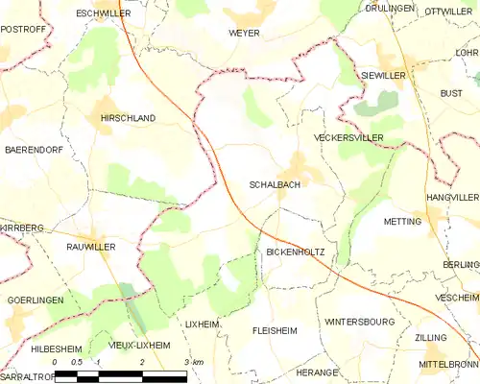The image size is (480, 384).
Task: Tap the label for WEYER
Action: (244, 33)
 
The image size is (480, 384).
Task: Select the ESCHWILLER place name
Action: (103, 13)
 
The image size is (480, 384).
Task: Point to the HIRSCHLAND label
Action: (128, 118)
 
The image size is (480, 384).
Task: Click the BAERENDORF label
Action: (34, 151)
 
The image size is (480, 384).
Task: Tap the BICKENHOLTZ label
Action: (295, 252)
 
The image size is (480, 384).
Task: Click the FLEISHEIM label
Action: (275, 329)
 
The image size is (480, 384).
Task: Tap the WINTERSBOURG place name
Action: (359, 322)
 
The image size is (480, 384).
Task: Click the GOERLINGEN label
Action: (35, 300)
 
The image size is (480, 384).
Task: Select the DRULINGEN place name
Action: (390, 8)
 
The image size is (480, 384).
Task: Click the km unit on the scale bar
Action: (198, 362)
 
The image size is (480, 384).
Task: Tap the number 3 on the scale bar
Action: (185, 362)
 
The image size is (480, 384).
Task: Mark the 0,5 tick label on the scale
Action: (77, 362)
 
